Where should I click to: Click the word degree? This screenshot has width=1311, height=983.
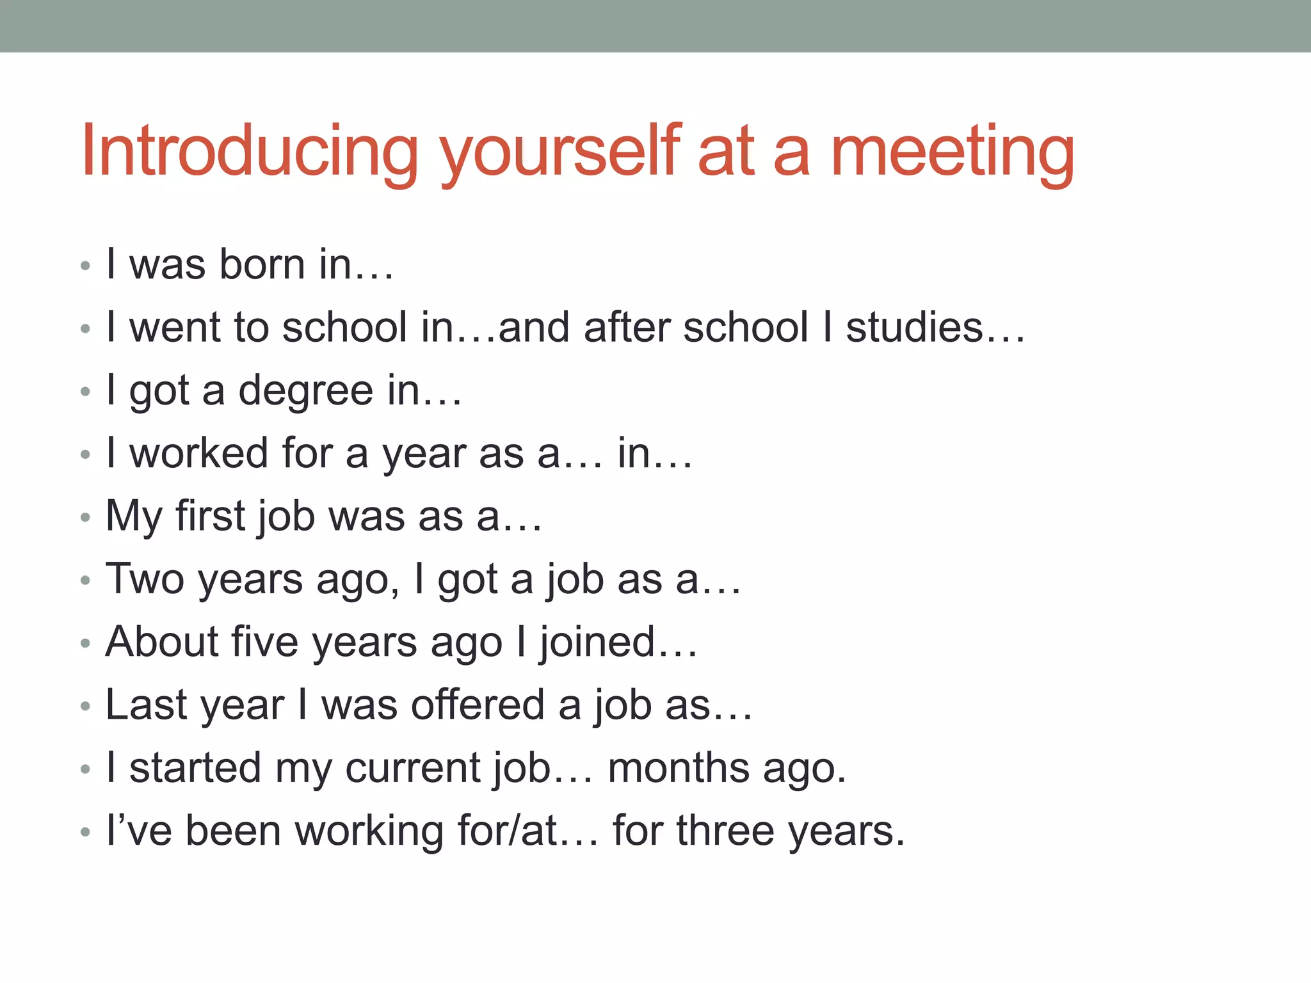pos(305,390)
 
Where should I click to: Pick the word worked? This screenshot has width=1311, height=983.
pos(198,453)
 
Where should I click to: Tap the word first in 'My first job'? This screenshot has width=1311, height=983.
pos(210,516)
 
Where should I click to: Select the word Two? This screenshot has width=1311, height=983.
pos(145,579)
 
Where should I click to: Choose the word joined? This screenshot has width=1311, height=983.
pos(598,642)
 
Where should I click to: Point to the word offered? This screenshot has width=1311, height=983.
pos(478,705)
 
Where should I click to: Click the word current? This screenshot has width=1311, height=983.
pos(413,768)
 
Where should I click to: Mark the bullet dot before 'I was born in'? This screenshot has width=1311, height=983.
pos(85,266)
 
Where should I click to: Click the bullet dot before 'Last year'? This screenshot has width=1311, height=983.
pos(85,707)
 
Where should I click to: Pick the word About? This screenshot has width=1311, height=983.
pos(163,642)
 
